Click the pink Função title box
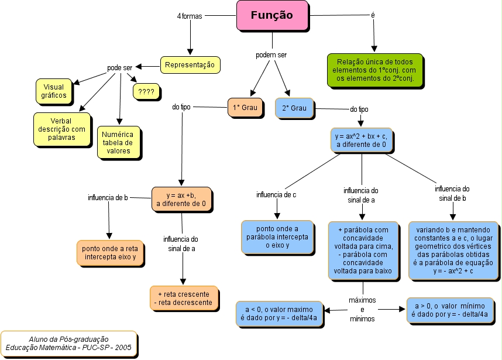click(x=271, y=16)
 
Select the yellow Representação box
click(x=190, y=64)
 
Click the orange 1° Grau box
click(x=245, y=108)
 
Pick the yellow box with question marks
click(x=146, y=92)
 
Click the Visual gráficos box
click(x=54, y=90)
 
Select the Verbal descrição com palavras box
click(x=61, y=129)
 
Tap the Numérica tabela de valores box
click(x=118, y=142)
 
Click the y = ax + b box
click(x=181, y=199)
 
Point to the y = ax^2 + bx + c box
click(x=361, y=139)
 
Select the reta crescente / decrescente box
click(x=184, y=297)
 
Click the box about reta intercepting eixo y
click(x=109, y=252)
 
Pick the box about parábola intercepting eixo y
click(x=277, y=237)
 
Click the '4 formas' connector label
click(x=189, y=16)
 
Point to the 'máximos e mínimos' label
click(x=362, y=309)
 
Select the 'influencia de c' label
click(x=276, y=194)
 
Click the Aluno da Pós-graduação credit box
click(x=68, y=344)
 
